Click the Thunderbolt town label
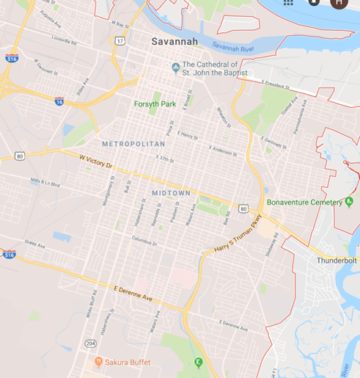(337, 261)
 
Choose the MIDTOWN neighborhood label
(171, 193)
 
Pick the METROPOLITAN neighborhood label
(133, 144)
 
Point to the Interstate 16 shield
(59, 101)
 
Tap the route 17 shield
(119, 41)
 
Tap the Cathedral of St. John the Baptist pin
(176, 69)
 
